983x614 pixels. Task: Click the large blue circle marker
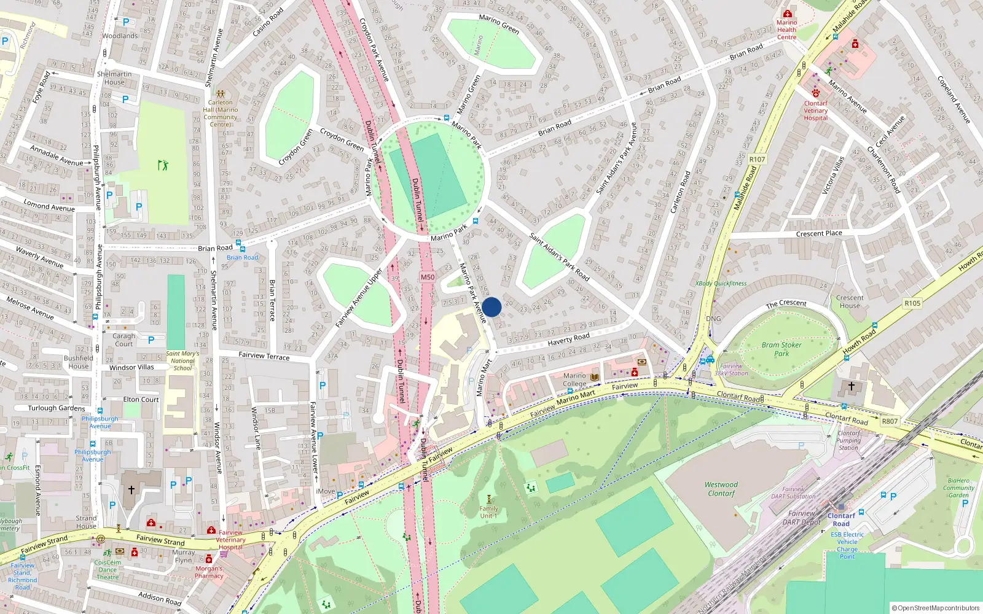click(x=491, y=307)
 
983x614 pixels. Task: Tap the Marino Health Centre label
click(x=786, y=29)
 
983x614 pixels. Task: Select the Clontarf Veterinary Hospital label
click(x=816, y=111)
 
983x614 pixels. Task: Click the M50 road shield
click(x=428, y=277)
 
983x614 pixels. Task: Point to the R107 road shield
click(x=757, y=159)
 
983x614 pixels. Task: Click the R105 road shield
click(x=912, y=303)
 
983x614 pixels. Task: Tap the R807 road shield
click(x=890, y=421)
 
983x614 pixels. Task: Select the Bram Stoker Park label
click(x=781, y=349)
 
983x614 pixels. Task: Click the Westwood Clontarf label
click(x=721, y=489)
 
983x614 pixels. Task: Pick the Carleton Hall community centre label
click(x=220, y=114)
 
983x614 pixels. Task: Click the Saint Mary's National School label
click(x=182, y=360)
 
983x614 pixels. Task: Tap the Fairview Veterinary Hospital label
click(x=230, y=540)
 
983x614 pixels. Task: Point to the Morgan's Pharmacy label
click(x=209, y=572)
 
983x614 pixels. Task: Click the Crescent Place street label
click(x=819, y=233)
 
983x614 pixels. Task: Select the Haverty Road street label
click(x=568, y=338)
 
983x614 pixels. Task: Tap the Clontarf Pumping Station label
click(x=848, y=440)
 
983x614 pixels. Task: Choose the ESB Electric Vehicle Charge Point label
click(x=847, y=545)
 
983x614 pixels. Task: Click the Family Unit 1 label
click(x=488, y=512)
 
